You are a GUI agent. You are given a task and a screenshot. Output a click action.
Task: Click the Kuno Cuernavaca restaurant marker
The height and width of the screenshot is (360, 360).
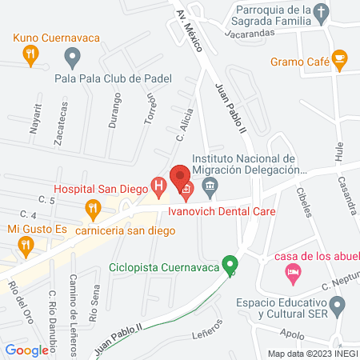pos(30,54)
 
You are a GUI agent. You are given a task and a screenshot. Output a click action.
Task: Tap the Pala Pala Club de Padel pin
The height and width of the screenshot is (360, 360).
pos(73,57)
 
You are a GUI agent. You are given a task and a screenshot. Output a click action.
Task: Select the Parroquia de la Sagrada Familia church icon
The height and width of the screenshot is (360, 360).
pos(321,12)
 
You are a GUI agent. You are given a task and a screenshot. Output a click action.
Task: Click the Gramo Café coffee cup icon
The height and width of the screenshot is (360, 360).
pos(340,58)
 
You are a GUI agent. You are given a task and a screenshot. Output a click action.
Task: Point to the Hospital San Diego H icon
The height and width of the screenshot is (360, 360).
pos(159,190)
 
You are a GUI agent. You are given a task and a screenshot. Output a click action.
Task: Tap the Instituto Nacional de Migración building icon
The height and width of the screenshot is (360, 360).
pos(210,189)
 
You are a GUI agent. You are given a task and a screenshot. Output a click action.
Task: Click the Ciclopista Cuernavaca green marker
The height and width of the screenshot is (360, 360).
pos(230,263)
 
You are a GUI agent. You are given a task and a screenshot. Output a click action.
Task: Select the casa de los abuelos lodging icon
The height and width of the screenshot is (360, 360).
pos(293,273)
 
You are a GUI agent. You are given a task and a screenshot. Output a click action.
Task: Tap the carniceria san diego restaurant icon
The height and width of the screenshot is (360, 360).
pos(94,210)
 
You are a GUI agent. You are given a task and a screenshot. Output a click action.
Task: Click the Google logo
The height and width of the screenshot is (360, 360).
pos(27,350)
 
